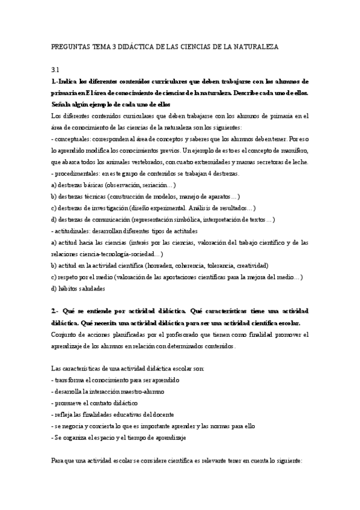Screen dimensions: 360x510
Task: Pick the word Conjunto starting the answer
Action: point(66,334)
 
